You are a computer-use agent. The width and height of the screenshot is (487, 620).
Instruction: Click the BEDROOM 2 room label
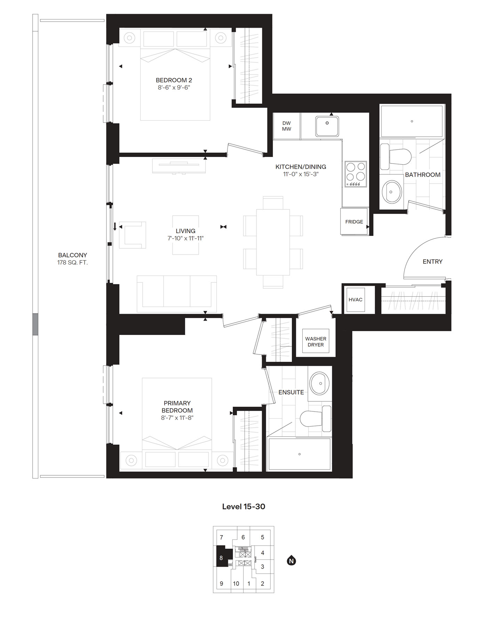(x=174, y=80)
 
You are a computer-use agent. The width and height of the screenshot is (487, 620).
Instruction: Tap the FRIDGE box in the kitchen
(x=354, y=222)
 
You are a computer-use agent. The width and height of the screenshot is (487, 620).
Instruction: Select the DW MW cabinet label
(x=286, y=126)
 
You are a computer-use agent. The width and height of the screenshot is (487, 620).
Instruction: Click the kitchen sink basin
(x=327, y=126)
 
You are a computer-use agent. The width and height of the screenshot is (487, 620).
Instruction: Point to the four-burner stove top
(x=356, y=174)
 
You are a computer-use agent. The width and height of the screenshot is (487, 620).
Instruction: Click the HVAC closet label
(x=355, y=299)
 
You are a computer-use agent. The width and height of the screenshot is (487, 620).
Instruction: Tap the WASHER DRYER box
(x=316, y=341)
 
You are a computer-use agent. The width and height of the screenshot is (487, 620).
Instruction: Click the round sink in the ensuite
(x=320, y=384)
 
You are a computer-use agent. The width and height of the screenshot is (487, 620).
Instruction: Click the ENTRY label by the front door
(x=432, y=261)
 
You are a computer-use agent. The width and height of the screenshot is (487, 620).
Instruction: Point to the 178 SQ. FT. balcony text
(x=72, y=263)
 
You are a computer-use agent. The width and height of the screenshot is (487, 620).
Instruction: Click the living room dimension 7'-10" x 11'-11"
(x=185, y=238)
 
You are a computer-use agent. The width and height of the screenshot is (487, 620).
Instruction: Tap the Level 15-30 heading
(x=243, y=507)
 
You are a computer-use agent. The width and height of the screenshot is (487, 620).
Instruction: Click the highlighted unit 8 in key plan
(x=221, y=558)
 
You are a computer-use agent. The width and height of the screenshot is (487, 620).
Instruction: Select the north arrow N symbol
(x=292, y=561)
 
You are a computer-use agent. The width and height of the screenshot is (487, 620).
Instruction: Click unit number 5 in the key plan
(x=262, y=537)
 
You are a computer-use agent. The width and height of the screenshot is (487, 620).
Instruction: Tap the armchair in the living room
(x=132, y=235)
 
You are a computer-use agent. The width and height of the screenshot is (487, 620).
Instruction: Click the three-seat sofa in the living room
(x=177, y=294)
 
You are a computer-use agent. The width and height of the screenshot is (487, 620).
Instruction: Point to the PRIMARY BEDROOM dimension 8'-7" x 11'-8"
(x=177, y=418)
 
